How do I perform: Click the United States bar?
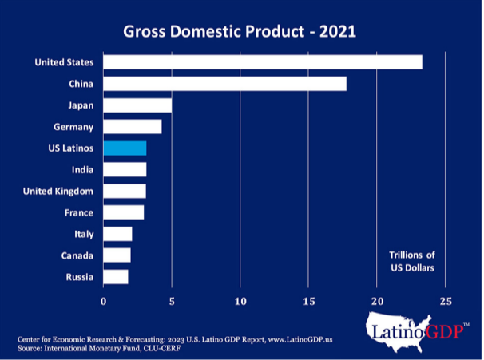[262, 62]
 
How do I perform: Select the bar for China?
[224, 84]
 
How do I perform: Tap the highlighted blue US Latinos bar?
[125, 148]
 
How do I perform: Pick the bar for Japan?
[137, 105]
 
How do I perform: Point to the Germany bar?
[133, 126]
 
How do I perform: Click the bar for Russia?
[116, 277]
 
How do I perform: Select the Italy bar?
[117, 234]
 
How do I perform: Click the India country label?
[81, 169]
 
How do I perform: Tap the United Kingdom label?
[58, 191]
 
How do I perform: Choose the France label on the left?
[78, 212]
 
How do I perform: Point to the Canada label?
[78, 255]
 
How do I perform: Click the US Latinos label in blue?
[70, 148]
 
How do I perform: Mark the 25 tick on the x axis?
[446, 301]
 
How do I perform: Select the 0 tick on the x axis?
[103, 301]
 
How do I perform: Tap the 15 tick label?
[309, 301]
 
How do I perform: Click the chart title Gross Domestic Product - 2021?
[240, 32]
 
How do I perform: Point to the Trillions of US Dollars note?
[411, 261]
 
